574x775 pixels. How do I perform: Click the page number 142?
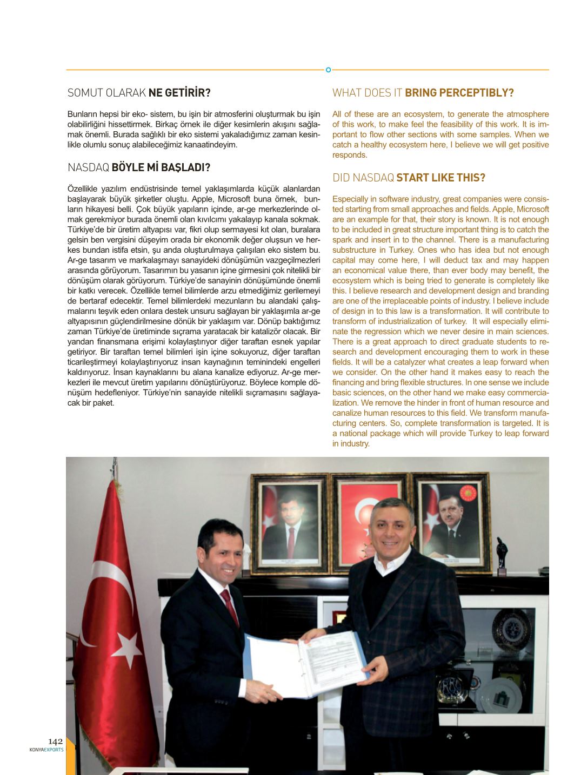point(55,742)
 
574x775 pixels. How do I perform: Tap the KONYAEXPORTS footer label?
point(46,750)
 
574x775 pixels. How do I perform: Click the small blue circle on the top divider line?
point(328,70)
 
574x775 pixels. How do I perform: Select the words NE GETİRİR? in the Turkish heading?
point(179,93)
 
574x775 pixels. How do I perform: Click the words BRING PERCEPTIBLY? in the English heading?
point(459,93)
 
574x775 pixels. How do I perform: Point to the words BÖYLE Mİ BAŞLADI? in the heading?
point(161,167)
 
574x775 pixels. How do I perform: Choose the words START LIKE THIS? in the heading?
point(440,178)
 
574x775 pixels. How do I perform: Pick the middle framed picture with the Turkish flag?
point(369,521)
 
